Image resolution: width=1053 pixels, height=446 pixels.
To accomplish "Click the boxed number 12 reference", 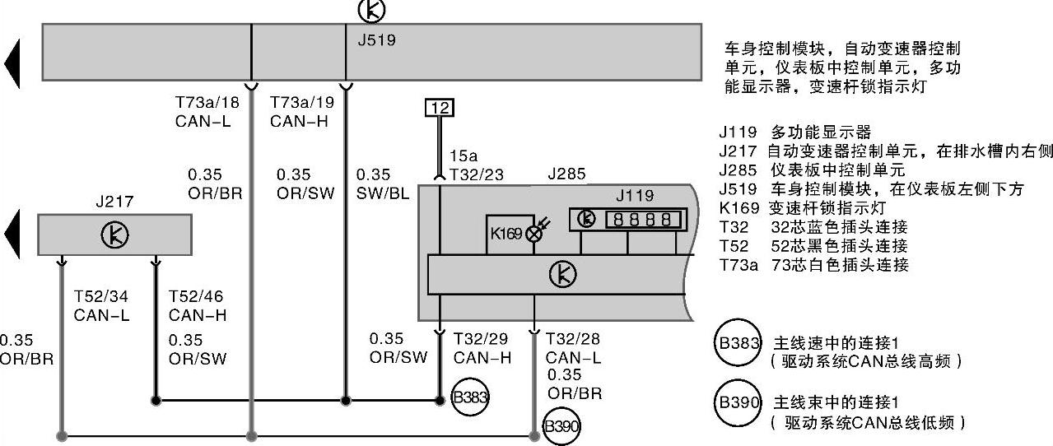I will [x=440, y=107].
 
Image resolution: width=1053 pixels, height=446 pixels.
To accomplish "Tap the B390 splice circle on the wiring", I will [x=562, y=427].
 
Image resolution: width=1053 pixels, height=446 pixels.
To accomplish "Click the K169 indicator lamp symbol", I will [x=533, y=234].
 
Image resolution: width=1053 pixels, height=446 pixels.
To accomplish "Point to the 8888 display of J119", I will [x=643, y=220].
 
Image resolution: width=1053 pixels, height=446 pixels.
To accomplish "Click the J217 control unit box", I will [x=114, y=235].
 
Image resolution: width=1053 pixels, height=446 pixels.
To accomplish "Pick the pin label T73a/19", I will [x=302, y=104].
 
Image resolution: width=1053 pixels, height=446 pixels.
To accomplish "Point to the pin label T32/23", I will [x=477, y=174].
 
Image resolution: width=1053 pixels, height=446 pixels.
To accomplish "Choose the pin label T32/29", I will [x=482, y=339].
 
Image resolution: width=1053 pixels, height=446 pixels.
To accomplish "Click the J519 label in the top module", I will [x=377, y=39].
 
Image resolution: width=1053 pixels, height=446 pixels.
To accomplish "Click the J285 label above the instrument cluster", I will [x=566, y=174].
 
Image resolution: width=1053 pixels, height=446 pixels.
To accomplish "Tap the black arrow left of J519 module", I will [x=12, y=63].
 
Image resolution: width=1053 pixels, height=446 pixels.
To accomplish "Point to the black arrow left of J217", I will [x=12, y=235].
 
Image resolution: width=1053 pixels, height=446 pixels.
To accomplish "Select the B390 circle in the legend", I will [x=739, y=403].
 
